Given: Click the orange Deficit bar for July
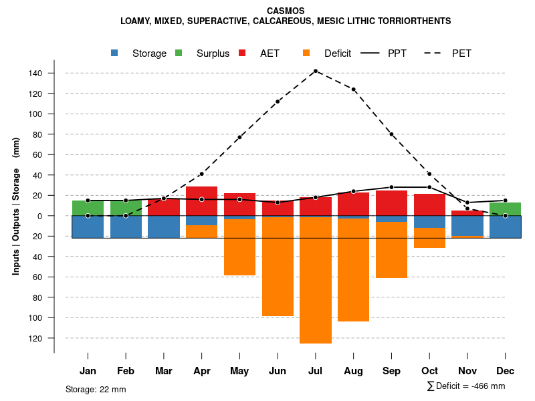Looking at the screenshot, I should [315, 281].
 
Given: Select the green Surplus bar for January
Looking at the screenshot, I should [88, 208].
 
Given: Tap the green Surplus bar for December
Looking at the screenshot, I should [505, 209].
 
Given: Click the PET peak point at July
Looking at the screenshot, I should [315, 71].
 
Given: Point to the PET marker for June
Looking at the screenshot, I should [278, 102].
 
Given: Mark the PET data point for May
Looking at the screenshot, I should [239, 137].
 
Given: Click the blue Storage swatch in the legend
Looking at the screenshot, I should [115, 53].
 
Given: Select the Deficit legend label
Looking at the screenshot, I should [338, 53].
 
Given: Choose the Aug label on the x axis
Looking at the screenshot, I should [353, 371].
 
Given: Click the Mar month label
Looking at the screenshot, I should [164, 371].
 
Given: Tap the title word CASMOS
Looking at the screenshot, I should [286, 11].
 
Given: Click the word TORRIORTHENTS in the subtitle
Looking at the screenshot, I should [411, 21].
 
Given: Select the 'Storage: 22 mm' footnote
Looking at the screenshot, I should [96, 389].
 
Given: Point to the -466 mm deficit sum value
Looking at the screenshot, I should [488, 386].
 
